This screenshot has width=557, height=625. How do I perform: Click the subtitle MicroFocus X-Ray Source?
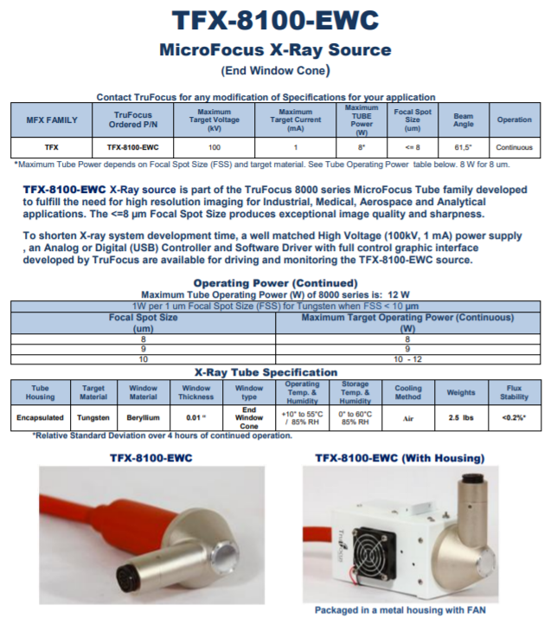(x=275, y=49)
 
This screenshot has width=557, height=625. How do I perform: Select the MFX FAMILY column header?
(x=53, y=119)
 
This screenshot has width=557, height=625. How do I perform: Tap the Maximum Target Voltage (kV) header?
(x=214, y=119)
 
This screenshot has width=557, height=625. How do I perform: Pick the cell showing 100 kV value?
(x=214, y=147)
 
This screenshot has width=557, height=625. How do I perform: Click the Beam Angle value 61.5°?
(x=463, y=147)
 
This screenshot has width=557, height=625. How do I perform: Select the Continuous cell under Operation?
(x=514, y=147)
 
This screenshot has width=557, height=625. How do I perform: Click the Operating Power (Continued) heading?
(x=275, y=282)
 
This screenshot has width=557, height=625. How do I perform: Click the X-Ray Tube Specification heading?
(x=275, y=371)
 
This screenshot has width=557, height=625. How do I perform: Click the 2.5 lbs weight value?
(x=461, y=416)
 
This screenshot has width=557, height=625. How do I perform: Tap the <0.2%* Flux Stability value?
(x=514, y=416)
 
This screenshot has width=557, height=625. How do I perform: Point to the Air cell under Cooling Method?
(x=407, y=416)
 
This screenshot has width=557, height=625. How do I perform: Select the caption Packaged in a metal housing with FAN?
(x=400, y=610)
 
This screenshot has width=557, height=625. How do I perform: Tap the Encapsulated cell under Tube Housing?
(x=40, y=416)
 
